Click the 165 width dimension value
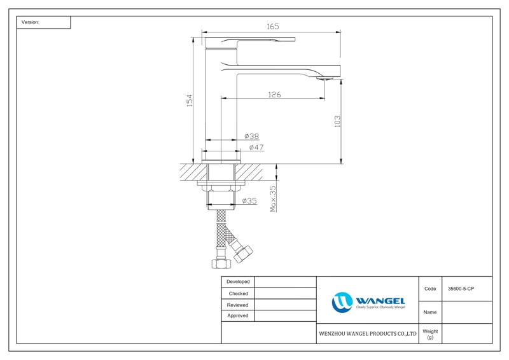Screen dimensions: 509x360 [273, 26]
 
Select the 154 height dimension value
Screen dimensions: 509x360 [189, 100]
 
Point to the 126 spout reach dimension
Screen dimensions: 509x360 [274, 95]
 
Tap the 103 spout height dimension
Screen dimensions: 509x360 [338, 121]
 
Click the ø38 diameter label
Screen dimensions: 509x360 [251, 136]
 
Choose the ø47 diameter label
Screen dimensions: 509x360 [256, 148]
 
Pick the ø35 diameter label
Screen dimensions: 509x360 [249, 201]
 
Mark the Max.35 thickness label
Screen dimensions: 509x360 [273, 198]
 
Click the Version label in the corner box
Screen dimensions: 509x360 [30, 22]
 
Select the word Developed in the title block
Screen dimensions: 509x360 [238, 282]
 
